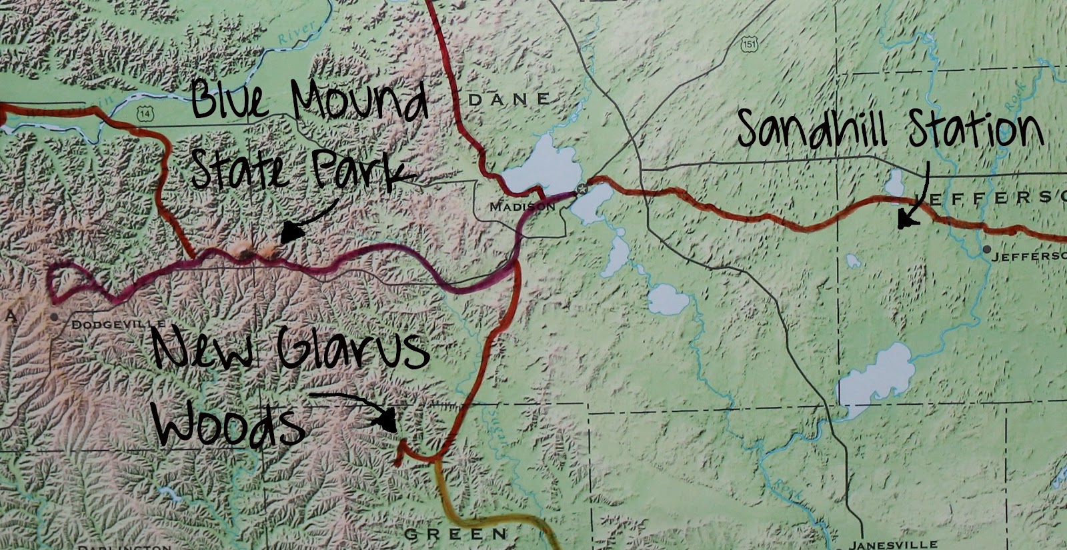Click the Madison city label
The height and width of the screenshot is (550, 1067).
(x=522, y=207)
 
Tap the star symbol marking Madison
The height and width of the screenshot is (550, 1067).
(x=582, y=189)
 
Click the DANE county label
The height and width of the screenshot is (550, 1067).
(x=510, y=100)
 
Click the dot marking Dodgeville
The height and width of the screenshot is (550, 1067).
(x=54, y=317)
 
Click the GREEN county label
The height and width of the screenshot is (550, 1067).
(x=456, y=534)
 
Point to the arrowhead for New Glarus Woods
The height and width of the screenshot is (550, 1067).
(x=387, y=420)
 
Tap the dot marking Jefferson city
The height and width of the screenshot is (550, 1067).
(x=986, y=249)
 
